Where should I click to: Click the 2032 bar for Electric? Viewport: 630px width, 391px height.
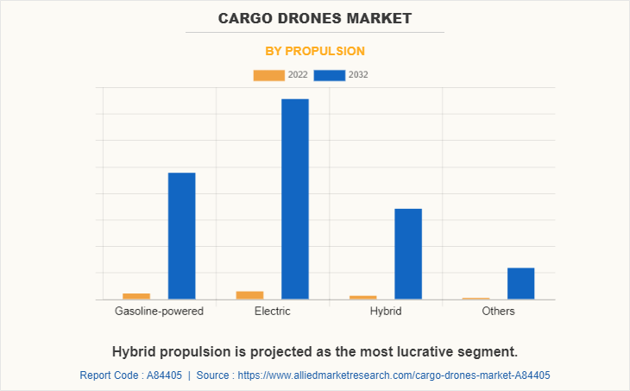pyautogui.click(x=295, y=199)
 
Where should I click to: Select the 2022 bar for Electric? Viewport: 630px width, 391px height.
pyautogui.click(x=249, y=295)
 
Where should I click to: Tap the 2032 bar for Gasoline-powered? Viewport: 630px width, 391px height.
pyautogui.click(x=181, y=236)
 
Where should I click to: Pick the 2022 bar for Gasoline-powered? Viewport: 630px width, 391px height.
pyautogui.click(x=136, y=296)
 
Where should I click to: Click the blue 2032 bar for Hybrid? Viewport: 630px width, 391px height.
pyautogui.click(x=408, y=254)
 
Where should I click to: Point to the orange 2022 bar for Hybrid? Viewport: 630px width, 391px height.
pyautogui.click(x=363, y=298)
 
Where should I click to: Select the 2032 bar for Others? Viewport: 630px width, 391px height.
pyautogui.click(x=520, y=283)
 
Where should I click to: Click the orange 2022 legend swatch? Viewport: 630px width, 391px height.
pyautogui.click(x=268, y=75)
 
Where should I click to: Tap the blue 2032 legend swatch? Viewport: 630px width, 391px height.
pyautogui.click(x=330, y=75)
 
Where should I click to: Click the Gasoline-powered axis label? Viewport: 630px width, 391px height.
pyautogui.click(x=159, y=312)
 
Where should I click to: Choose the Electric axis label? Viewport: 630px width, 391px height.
pyautogui.click(x=273, y=312)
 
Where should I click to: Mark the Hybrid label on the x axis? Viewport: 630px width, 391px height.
pyautogui.click(x=386, y=312)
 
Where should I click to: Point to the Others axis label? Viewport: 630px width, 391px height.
pyautogui.click(x=499, y=312)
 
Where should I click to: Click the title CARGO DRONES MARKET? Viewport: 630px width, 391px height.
pyautogui.click(x=315, y=17)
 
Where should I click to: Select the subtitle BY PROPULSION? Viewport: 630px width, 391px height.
pyautogui.click(x=315, y=51)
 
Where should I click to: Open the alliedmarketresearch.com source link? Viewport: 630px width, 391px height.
pyautogui.click(x=394, y=375)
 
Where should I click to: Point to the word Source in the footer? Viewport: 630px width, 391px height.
pyautogui.click(x=214, y=375)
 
